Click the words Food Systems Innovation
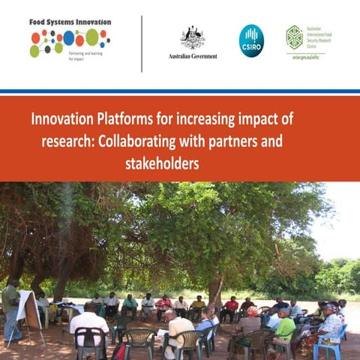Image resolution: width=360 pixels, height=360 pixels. [x=70, y=22]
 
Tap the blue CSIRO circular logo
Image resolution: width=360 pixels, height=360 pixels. [x=251, y=40]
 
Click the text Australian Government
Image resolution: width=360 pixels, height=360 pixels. [x=193, y=56]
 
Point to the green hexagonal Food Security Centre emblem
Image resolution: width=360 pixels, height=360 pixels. [x=295, y=37]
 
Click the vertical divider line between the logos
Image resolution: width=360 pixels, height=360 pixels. [x=142, y=43]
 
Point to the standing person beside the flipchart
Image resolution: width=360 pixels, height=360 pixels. [x=10, y=307]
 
